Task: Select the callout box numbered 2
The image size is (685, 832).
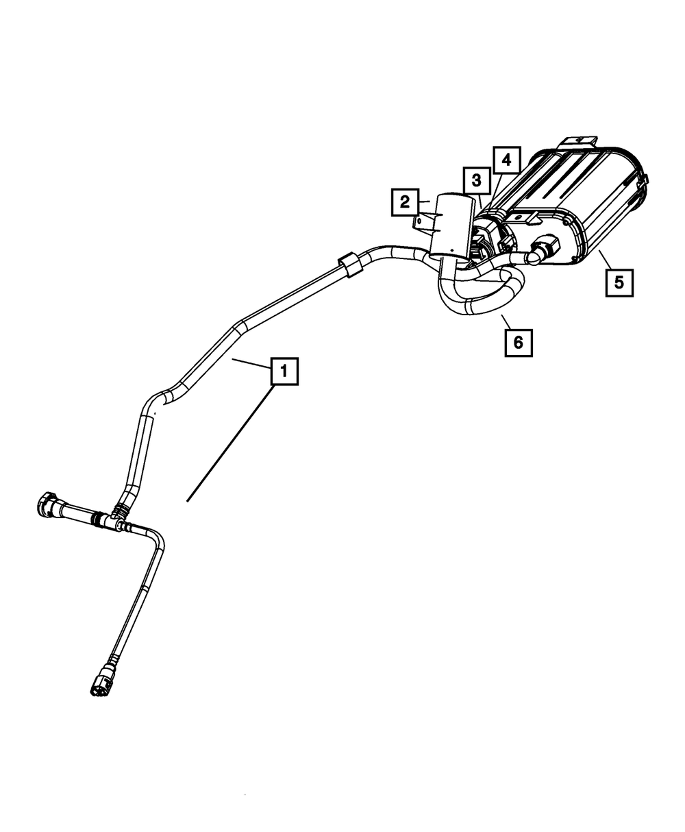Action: click(405, 202)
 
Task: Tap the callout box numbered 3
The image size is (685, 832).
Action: click(475, 182)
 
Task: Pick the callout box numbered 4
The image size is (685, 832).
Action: click(506, 160)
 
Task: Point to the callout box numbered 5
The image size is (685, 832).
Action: click(619, 282)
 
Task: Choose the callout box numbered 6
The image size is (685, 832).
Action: click(518, 342)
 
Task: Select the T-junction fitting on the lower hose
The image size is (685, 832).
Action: click(110, 520)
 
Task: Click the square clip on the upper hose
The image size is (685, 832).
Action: click(349, 265)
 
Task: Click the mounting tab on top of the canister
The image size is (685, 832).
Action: click(577, 141)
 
